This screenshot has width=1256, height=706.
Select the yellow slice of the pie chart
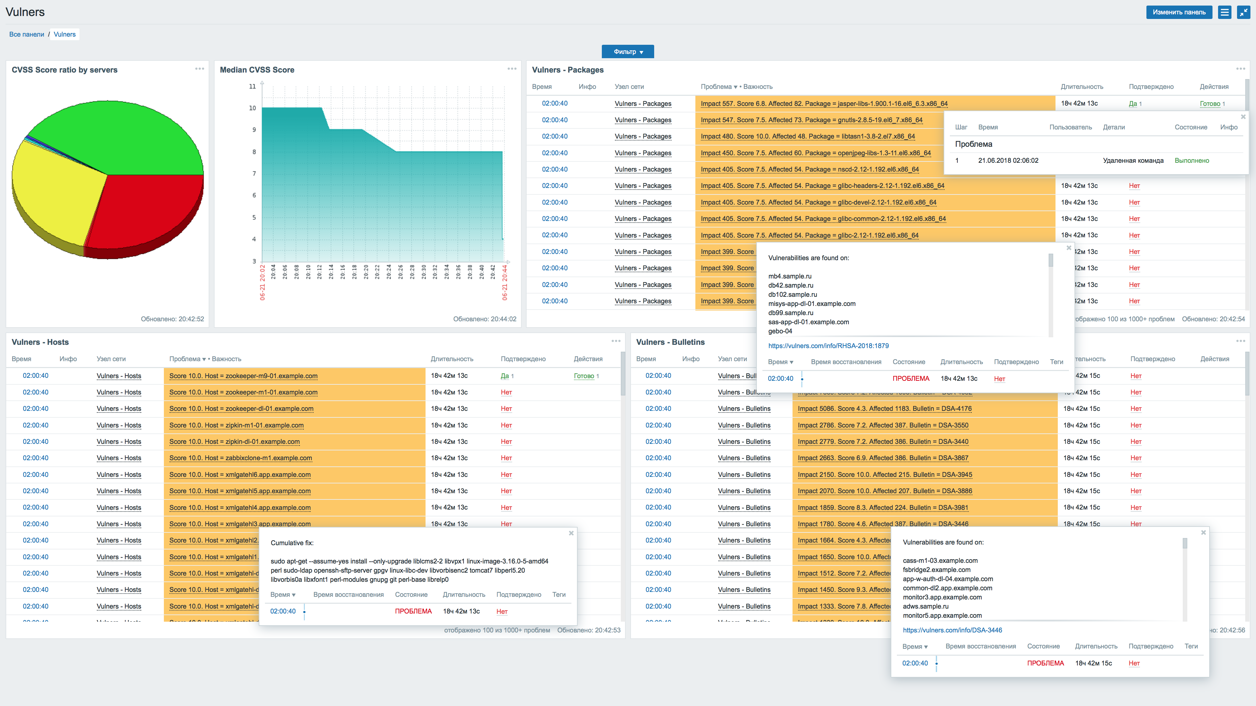(x=54, y=190)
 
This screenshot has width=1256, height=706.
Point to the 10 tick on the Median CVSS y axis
(x=253, y=108)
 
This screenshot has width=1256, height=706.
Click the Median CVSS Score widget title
(x=257, y=70)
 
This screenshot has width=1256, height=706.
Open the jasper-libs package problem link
(x=824, y=104)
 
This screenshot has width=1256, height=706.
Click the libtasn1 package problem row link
(x=808, y=136)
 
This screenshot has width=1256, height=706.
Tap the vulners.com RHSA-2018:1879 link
(x=828, y=346)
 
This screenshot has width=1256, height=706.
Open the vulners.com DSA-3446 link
(x=952, y=630)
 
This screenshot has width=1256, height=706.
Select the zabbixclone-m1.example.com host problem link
(x=240, y=458)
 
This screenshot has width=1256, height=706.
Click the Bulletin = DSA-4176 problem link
(x=884, y=409)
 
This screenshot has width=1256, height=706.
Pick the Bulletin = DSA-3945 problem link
(x=884, y=475)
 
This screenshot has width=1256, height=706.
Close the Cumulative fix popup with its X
(x=571, y=533)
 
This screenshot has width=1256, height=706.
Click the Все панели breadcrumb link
(x=26, y=34)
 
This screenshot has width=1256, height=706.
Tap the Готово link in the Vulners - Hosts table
(x=584, y=376)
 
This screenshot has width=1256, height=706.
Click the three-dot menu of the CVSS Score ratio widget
(x=200, y=69)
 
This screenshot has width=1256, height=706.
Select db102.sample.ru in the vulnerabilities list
(x=792, y=294)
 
